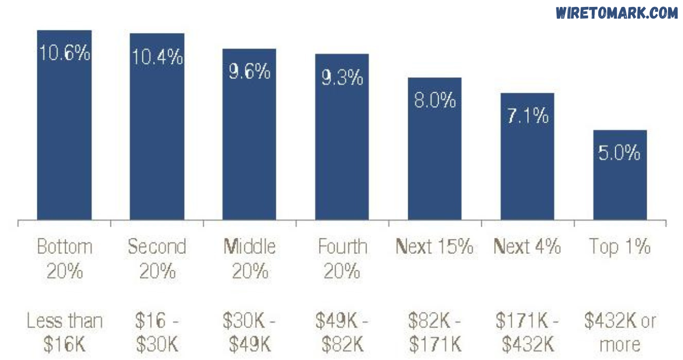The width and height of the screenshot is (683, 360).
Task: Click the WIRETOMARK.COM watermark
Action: pos(616,13)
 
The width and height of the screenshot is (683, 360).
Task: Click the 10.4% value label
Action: pos(157,57)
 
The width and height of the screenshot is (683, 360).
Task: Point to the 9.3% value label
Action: pos(342,78)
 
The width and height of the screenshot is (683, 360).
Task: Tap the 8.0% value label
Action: pos(435,100)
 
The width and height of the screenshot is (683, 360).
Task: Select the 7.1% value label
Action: pos(527,116)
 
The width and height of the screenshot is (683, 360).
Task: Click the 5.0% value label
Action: pos(620,154)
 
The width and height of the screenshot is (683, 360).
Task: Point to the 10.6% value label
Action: pos(65,53)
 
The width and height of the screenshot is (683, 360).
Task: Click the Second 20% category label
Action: pos(157,259)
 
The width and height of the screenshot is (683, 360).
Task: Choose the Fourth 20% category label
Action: pos(342,259)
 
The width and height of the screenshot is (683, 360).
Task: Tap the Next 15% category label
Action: pos(435,247)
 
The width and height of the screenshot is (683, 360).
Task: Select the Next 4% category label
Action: pos(527,247)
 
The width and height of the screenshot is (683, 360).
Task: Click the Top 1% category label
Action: pos(620,247)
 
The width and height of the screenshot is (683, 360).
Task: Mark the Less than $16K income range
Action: pos(65,333)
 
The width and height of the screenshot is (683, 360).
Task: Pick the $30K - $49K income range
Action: pos(249,333)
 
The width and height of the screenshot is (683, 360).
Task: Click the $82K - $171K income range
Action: pos(435,333)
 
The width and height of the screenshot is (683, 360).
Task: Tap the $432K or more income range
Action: pos(620,333)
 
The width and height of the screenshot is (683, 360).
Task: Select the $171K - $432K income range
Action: pos(527,333)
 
